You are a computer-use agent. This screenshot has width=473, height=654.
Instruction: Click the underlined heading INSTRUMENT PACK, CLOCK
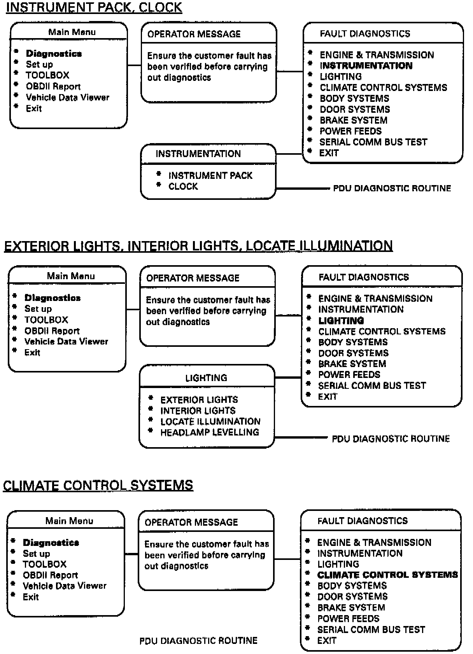tap(94, 8)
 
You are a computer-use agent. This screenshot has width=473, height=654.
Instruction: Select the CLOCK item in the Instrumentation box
tap(183, 187)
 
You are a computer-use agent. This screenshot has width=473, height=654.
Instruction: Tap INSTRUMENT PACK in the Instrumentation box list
tap(210, 176)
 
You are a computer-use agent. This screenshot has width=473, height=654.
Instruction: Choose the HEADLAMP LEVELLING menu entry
tap(210, 432)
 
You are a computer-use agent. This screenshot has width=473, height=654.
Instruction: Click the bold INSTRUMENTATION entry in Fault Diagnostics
tap(366, 66)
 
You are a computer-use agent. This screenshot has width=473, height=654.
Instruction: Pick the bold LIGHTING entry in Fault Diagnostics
tap(341, 321)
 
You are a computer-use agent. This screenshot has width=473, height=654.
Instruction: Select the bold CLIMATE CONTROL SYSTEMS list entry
tap(387, 575)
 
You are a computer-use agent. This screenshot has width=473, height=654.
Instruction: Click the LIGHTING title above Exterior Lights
tap(206, 378)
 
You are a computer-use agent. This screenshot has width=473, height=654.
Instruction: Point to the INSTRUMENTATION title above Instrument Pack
tap(198, 154)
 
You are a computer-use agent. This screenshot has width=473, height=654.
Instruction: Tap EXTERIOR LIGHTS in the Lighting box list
tap(199, 400)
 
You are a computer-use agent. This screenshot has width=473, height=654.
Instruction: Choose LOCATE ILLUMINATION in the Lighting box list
tap(210, 421)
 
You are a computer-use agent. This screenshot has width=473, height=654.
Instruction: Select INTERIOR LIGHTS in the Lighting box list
tap(198, 411)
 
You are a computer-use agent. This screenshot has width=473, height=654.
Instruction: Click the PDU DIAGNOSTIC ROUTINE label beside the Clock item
tap(392, 189)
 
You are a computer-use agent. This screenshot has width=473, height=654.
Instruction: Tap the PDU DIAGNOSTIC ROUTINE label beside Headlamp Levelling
tap(391, 439)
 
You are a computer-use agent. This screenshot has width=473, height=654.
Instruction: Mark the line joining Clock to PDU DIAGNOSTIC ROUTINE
tap(303, 189)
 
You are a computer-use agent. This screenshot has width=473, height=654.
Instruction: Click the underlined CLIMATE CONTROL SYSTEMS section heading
tap(98, 485)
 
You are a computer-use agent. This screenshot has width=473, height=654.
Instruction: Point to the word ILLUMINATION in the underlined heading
tap(346, 246)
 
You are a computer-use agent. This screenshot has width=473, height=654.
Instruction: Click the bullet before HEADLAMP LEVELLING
tap(151, 431)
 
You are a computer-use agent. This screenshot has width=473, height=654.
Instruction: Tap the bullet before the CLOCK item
tap(159, 185)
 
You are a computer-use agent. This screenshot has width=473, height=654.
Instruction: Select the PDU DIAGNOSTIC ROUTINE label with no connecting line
tap(198, 640)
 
